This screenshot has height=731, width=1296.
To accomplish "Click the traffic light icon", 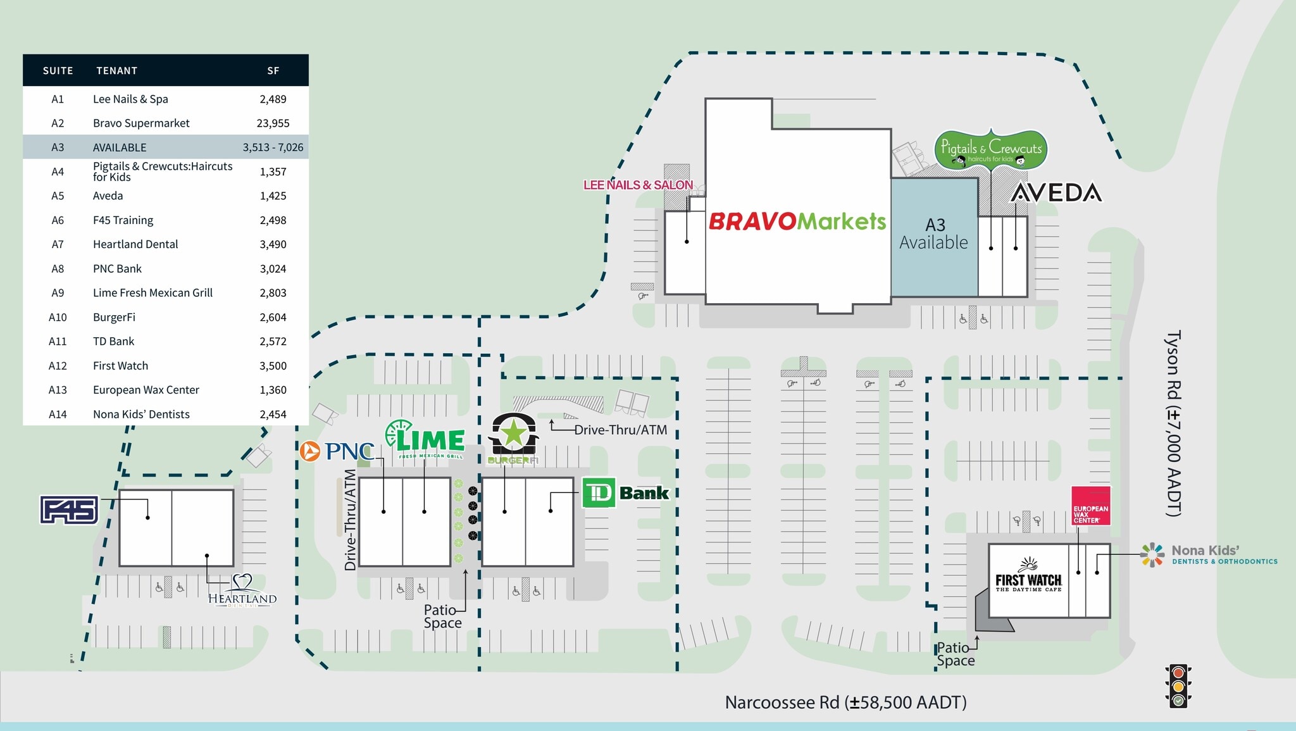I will tap(1178, 686).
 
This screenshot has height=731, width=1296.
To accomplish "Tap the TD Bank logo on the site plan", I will tap(625, 493).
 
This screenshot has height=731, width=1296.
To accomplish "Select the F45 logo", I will tap(70, 510).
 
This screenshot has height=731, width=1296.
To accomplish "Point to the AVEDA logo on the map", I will tap(1056, 193).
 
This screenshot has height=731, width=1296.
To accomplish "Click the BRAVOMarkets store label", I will tap(797, 222).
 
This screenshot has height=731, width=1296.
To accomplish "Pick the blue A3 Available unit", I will tap(934, 237).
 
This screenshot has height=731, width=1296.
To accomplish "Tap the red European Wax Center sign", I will tap(1090, 505).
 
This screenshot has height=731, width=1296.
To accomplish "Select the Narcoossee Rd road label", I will tap(845, 703).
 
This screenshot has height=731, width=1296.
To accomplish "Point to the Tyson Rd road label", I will tap(1173, 423).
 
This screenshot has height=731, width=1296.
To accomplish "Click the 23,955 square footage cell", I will tap(273, 123).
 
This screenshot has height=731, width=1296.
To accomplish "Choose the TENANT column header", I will tap(116, 71).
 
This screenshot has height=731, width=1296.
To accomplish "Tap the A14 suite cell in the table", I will tap(58, 415).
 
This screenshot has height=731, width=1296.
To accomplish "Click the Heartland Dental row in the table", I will tap(135, 244).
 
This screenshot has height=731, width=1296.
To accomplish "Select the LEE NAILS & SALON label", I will tap(638, 185).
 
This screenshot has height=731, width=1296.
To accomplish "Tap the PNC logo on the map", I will tap(337, 451).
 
